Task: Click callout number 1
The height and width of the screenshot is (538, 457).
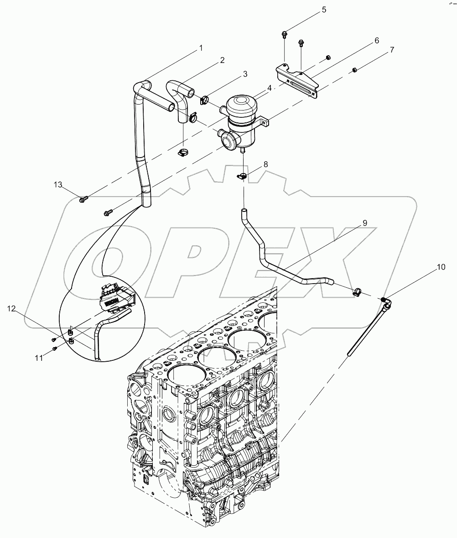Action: point(201,48)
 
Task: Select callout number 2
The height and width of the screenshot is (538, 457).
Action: point(222,60)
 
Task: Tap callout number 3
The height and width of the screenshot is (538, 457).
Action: point(244,74)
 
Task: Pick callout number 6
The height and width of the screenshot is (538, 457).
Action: point(377,40)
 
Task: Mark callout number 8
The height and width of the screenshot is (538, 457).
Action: point(265,164)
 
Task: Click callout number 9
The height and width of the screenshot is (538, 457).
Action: point(364,223)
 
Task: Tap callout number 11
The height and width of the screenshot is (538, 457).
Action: point(40,358)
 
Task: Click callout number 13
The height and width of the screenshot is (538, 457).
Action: point(58,185)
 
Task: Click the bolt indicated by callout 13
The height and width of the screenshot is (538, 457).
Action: point(83,199)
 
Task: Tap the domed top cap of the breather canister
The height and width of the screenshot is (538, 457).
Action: point(242,105)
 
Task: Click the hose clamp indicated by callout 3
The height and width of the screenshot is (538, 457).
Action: point(204,99)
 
